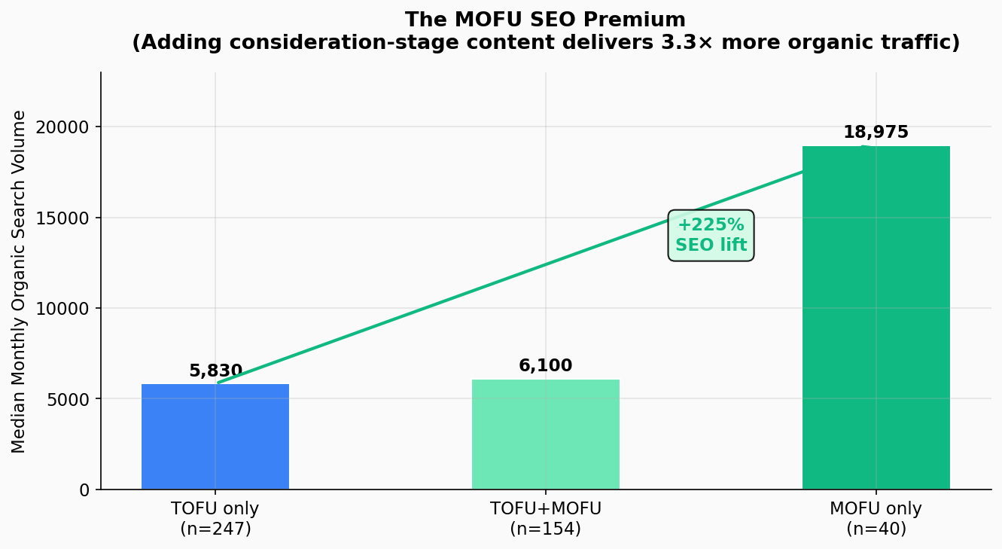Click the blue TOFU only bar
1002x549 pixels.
(x=215, y=437)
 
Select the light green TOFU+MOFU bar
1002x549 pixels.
(x=546, y=435)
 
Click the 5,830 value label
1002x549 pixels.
(x=215, y=371)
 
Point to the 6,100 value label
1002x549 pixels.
(x=546, y=366)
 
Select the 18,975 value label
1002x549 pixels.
(x=876, y=133)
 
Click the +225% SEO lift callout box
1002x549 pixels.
(x=711, y=236)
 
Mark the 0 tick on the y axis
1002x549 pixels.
(x=85, y=490)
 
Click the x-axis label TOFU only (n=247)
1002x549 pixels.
(x=215, y=519)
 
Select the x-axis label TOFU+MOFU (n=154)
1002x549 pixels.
(x=546, y=519)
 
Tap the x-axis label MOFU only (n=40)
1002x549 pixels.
(x=876, y=519)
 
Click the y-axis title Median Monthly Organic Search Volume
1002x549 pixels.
(x=20, y=282)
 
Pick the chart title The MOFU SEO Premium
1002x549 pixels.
(x=546, y=20)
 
